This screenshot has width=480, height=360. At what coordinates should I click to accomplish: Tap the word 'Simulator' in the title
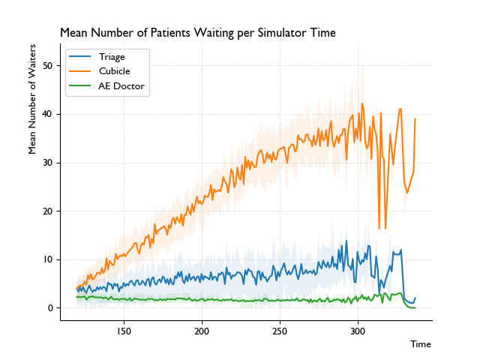pyautogui.click(x=254, y=33)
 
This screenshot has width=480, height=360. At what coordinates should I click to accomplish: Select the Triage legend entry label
pyautogui.click(x=112, y=56)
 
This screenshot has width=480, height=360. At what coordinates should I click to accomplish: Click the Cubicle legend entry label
pyautogui.click(x=115, y=71)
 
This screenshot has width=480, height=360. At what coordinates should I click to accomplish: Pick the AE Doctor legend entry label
pyautogui.click(x=121, y=86)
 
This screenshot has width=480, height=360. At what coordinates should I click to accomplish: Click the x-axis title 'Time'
pyautogui.click(x=421, y=344)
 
